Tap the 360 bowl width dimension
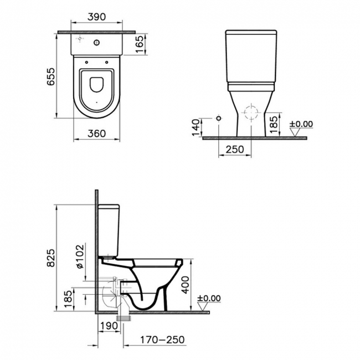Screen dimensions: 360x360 click(97, 133)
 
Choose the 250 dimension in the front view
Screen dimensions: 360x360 click(234, 150)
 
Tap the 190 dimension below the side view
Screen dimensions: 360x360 click(110, 326)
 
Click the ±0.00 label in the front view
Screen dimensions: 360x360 click(301, 124)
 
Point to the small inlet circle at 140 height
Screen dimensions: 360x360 click(219, 119)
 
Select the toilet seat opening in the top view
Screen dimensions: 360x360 click(97, 86)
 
